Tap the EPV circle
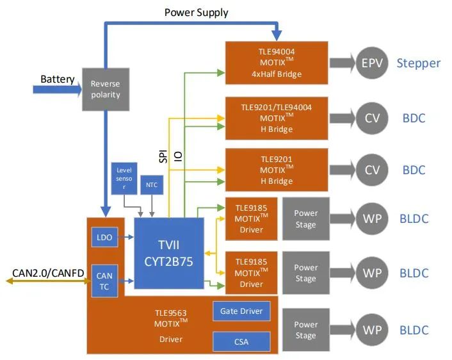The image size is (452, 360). (372, 63)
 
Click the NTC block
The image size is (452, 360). (151, 185)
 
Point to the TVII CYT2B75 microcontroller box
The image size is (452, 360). (169, 253)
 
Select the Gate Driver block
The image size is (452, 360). (241, 311)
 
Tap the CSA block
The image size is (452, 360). (241, 341)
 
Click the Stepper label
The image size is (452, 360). (419, 63)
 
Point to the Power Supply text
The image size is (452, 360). (196, 12)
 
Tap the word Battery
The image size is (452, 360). (58, 79)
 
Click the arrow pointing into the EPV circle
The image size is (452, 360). (343, 63)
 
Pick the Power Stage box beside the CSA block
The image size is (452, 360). (306, 330)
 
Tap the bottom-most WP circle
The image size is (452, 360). (372, 330)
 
